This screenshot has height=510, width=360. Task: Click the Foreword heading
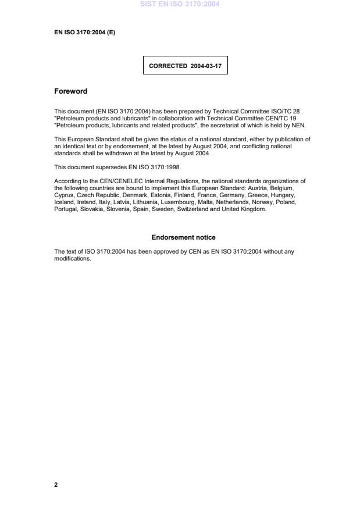tap(70, 91)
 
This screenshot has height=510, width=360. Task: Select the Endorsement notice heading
tap(183, 237)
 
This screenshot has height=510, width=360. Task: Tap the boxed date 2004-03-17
tap(206, 66)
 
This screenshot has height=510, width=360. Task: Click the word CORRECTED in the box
tap(167, 66)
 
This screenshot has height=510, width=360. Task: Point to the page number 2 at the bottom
tap(56, 484)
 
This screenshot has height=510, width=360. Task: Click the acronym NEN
tap(298, 125)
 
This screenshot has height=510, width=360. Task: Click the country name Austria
tap(256, 188)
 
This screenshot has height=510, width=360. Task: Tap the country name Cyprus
tap(64, 195)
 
